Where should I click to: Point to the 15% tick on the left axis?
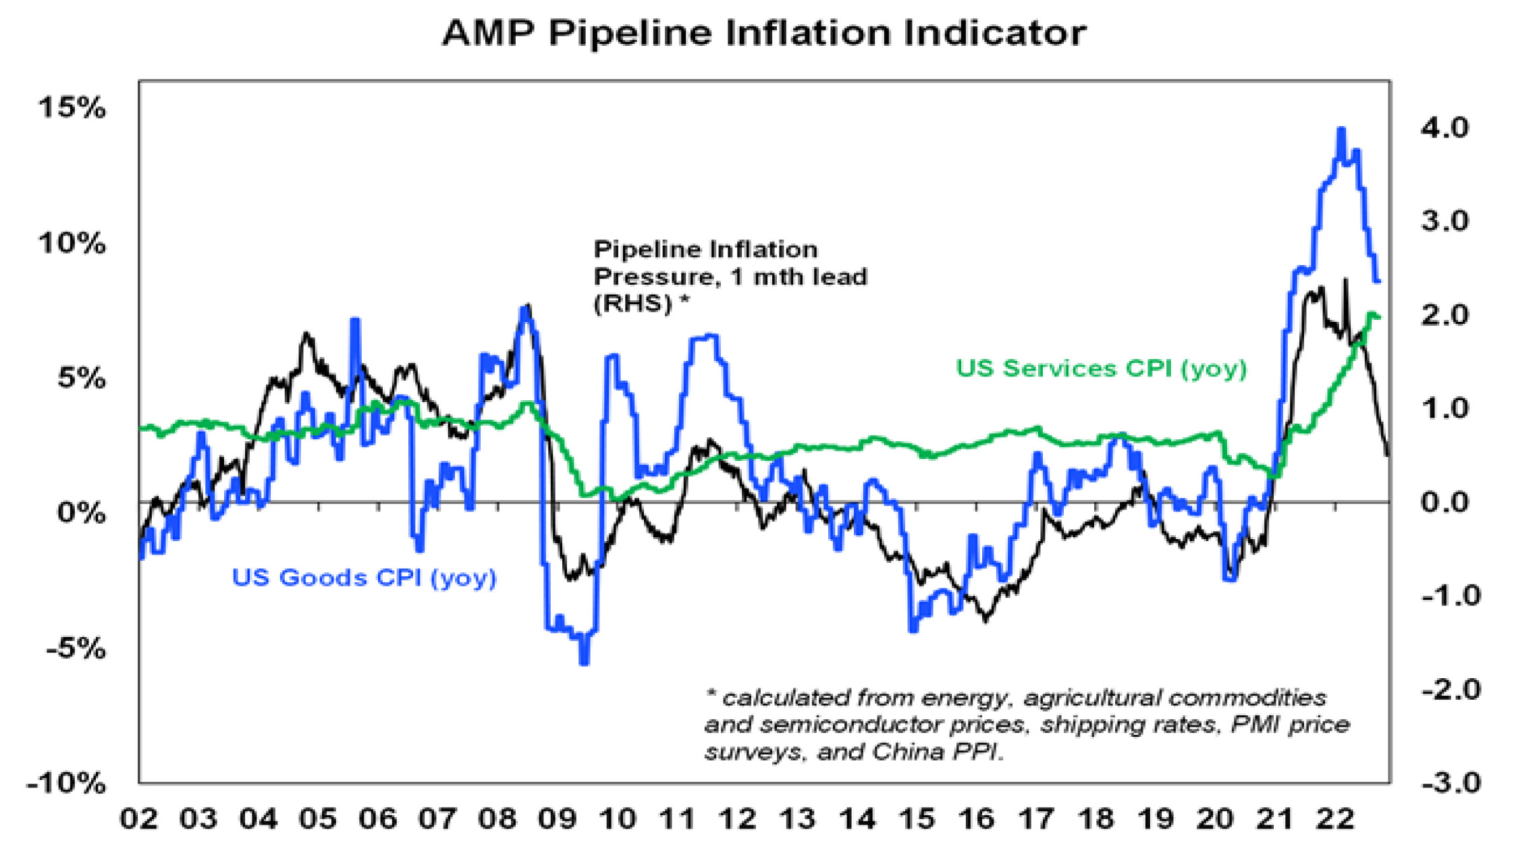point(72,108)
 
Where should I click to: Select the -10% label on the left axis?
point(66,783)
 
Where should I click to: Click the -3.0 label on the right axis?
point(1451,783)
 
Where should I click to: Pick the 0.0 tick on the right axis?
point(1444,503)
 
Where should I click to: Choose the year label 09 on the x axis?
point(558,819)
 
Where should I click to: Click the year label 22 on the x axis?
point(1336,819)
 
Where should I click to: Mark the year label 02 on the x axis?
point(139,819)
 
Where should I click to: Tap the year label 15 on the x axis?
point(917,819)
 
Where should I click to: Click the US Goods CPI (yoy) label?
point(364,578)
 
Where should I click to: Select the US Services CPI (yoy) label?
point(1101,368)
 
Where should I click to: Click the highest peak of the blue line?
point(1341,130)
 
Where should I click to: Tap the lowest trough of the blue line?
point(585,663)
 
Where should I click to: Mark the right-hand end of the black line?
point(1388,455)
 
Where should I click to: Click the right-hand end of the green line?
point(1379,317)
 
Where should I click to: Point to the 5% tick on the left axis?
point(81,379)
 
